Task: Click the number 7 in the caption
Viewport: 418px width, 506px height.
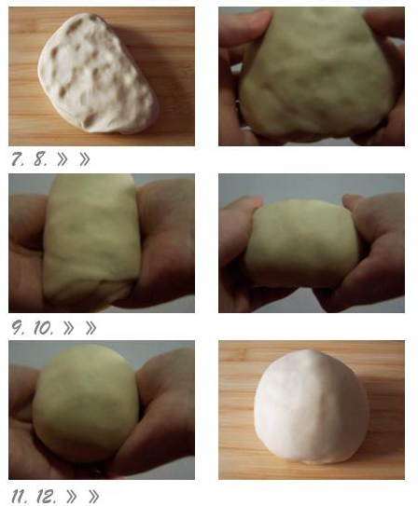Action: coord(17,159)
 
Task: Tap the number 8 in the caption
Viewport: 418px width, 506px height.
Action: coord(40,159)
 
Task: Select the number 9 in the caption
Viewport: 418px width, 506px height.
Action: coord(18,327)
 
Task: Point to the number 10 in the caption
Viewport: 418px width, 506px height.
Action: coord(43,327)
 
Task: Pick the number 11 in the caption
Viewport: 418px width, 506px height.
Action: coord(19,496)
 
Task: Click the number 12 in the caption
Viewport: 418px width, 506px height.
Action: coord(47,496)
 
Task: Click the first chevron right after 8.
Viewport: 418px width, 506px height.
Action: coord(62,159)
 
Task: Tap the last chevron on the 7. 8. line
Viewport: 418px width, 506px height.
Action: coord(85,159)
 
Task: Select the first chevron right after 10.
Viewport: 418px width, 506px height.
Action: coord(68,327)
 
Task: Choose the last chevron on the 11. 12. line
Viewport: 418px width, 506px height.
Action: coord(93,496)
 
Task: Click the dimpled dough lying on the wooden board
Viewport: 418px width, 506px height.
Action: coord(97,74)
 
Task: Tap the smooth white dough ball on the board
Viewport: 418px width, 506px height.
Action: coord(311,407)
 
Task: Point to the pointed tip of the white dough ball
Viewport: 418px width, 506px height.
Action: coord(309,350)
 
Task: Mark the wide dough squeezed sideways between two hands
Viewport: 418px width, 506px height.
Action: coord(302,243)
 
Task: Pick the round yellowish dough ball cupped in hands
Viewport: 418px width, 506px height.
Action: coord(86,403)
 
